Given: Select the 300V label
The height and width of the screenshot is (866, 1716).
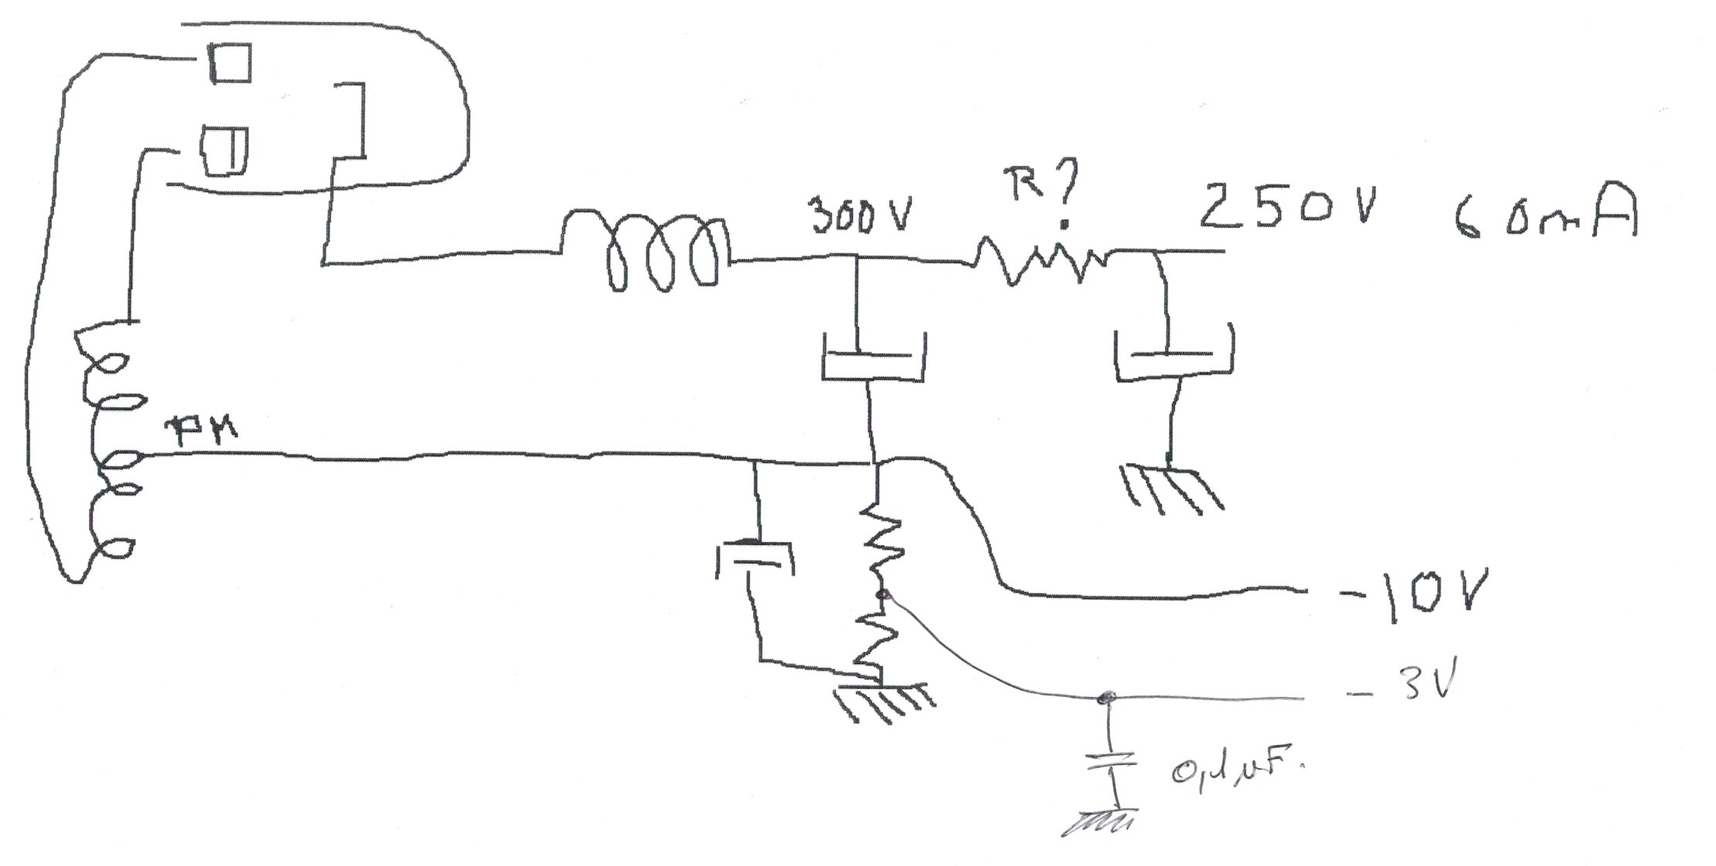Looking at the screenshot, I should click(860, 218).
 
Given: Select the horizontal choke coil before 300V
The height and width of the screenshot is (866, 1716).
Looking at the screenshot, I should click(646, 251).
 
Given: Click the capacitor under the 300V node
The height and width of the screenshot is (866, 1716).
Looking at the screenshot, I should click(872, 360).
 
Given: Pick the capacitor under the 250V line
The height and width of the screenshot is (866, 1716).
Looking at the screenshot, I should click(1173, 356).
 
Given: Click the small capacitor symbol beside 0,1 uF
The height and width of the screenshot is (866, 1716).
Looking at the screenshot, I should click(1112, 762).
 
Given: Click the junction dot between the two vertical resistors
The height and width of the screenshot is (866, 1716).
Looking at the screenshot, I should click(880, 594).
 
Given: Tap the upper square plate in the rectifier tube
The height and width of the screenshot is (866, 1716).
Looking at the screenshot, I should click(231, 63).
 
